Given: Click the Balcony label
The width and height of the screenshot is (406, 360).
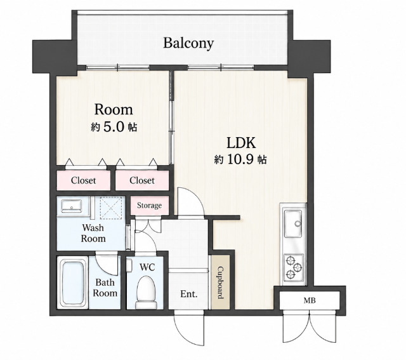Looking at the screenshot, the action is point(188,43).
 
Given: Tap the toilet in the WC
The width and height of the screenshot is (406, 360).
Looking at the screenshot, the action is point(147,292).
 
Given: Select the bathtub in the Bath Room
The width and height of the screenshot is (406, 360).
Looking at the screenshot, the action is point(72,283).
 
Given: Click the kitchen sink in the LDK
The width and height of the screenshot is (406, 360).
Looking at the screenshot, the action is point(293,223).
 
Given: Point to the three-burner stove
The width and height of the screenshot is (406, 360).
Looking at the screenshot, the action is point(294,267).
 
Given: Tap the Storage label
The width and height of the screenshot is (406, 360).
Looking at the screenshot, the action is point(149,206).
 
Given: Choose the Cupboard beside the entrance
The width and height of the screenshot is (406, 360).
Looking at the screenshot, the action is point(220,283).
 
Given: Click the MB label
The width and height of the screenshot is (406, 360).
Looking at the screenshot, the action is point(310,301).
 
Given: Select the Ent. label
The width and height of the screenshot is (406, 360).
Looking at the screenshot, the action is point(189,294).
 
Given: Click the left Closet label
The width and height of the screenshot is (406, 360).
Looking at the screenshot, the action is point(83,180).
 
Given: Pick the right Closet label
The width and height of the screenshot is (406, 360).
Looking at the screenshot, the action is point(142,180).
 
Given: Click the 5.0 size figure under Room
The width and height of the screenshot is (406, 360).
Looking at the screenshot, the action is point(114,127).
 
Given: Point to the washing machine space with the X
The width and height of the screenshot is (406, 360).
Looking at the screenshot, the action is point(111,208).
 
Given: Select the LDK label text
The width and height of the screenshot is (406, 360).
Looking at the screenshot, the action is point(241,143).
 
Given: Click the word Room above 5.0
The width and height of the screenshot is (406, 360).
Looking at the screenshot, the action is point(114,110).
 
